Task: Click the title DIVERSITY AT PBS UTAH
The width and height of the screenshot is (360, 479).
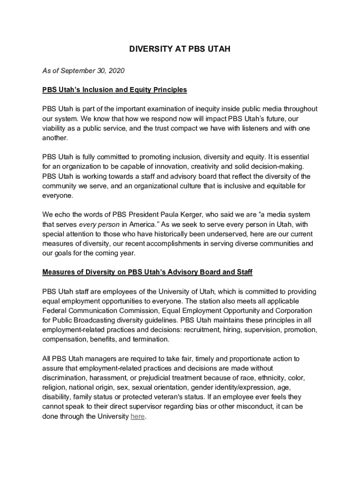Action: click(180, 49)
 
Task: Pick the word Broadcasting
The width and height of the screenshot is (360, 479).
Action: click(93, 320)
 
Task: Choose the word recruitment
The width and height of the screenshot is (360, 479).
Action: click(204, 330)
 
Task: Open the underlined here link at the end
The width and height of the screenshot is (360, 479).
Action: click(137, 416)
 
